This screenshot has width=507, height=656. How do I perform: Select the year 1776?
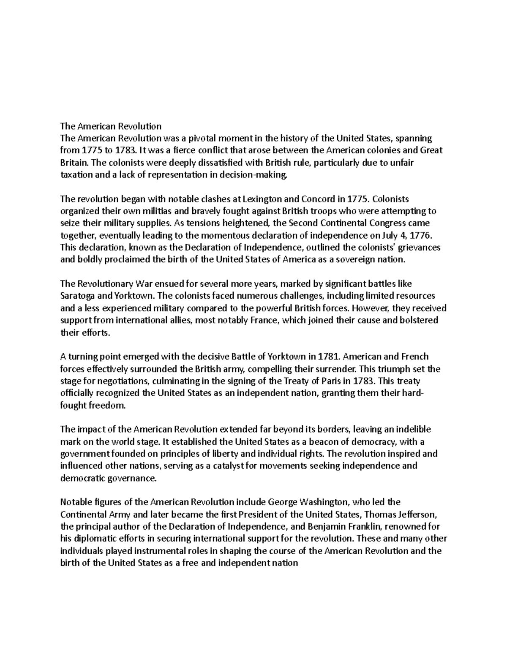point(421,235)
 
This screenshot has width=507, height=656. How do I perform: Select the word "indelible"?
point(410,430)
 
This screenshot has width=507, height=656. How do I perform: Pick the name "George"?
point(282,502)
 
